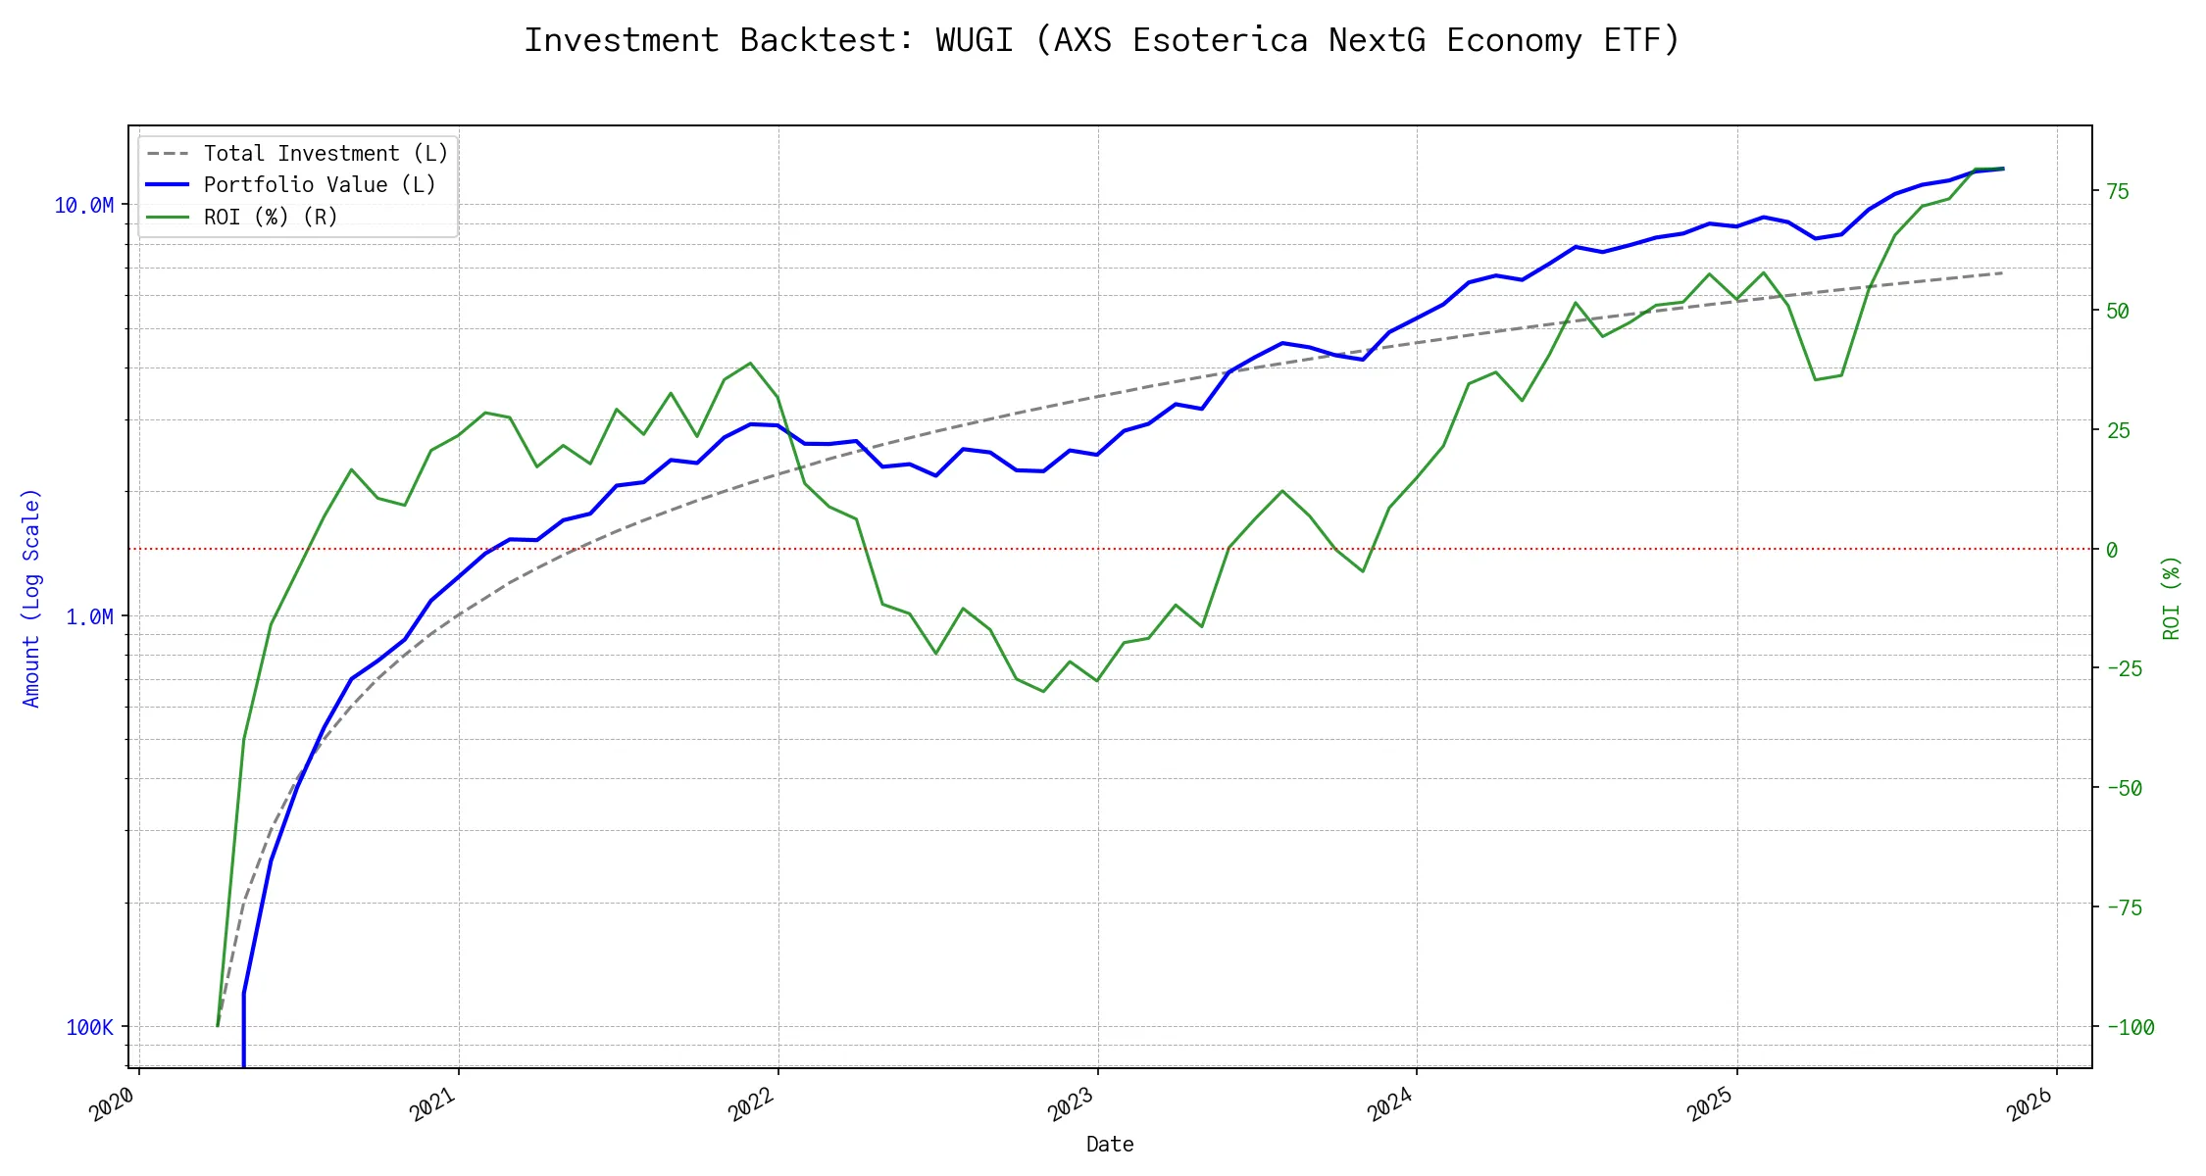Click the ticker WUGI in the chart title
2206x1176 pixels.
point(974,40)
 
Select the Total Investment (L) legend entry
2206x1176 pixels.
point(326,154)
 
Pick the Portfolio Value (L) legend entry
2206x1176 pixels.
point(320,185)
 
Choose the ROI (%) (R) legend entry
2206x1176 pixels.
point(271,218)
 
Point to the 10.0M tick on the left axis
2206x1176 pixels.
point(84,205)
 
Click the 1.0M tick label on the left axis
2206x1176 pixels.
point(89,616)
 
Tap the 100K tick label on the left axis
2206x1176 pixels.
point(89,1027)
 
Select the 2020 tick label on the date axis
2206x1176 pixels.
point(113,1104)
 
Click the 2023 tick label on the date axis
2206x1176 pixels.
point(1071,1104)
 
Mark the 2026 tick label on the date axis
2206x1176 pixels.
point(2030,1104)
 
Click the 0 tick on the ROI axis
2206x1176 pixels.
point(2112,550)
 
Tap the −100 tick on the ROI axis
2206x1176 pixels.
point(2130,1027)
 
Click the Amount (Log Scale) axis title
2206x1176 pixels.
point(31,598)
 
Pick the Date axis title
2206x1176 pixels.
point(1110,1145)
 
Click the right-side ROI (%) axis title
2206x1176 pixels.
point(2171,598)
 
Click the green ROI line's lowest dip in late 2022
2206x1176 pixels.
point(1043,692)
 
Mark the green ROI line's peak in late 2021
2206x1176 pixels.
point(750,363)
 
